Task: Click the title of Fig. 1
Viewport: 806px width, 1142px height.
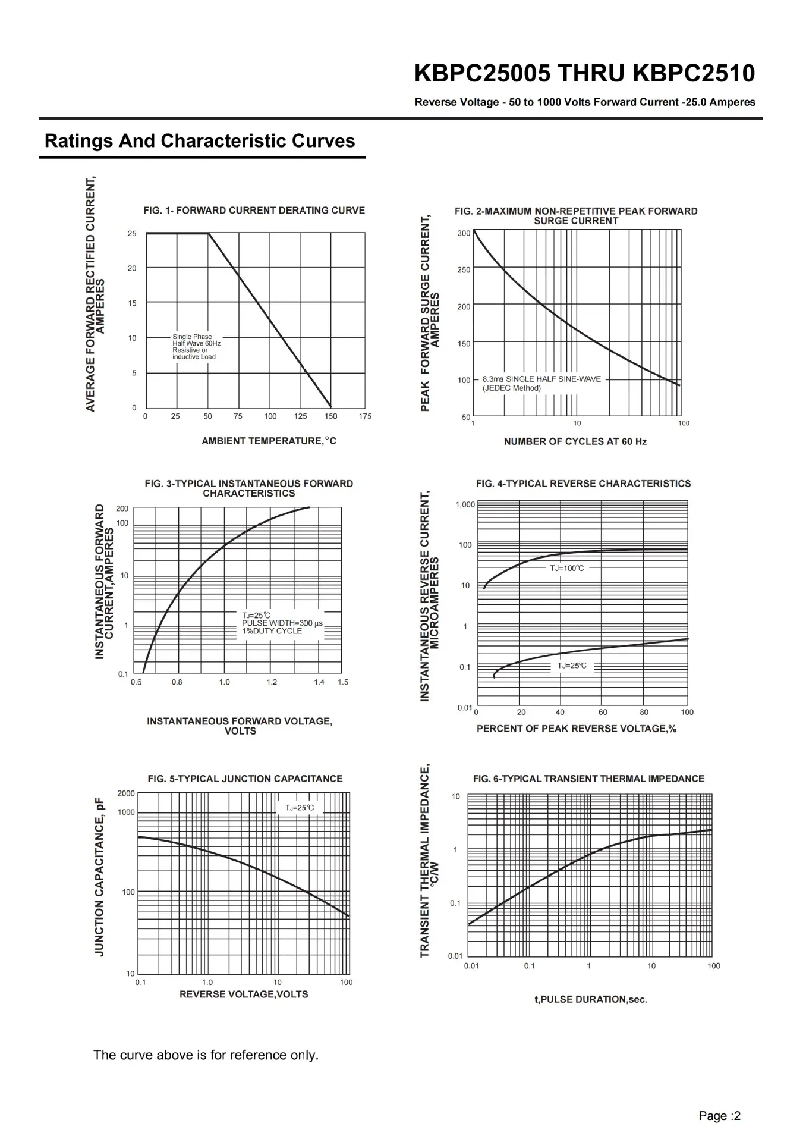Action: click(254, 211)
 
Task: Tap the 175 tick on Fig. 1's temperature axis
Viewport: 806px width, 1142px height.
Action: click(365, 416)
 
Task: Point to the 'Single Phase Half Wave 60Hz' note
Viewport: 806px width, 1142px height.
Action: click(196, 340)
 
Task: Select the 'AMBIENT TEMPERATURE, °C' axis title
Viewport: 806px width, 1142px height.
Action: click(269, 441)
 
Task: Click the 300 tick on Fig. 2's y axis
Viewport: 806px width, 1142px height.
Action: click(464, 233)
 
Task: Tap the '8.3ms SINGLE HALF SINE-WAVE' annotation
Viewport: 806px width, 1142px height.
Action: click(541, 379)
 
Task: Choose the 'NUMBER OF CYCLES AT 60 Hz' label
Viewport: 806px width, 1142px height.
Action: click(575, 441)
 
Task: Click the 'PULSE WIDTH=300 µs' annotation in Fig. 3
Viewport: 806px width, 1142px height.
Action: click(282, 623)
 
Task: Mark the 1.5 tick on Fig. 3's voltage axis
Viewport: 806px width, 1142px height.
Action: click(343, 682)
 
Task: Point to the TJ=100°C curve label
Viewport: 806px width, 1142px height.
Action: click(567, 568)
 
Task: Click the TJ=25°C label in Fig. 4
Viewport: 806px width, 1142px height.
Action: click(572, 666)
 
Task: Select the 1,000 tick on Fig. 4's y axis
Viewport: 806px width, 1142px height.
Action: click(465, 505)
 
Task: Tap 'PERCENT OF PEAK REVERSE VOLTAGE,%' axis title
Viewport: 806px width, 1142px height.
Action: click(577, 729)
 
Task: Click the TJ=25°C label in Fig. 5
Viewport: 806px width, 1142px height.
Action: click(300, 808)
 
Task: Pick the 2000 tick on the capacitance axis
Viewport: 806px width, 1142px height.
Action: click(126, 793)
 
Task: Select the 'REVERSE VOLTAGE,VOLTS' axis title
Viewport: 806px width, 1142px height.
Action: click(244, 994)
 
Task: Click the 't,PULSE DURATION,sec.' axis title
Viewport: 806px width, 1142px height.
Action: click(591, 999)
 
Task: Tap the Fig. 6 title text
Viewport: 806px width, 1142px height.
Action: click(588, 779)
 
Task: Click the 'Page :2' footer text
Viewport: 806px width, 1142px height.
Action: click(720, 1116)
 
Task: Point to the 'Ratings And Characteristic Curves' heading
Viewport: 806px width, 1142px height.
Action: click(200, 141)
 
